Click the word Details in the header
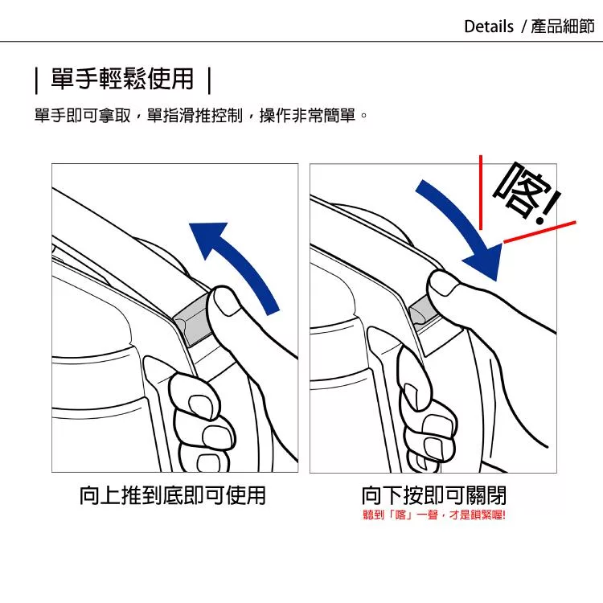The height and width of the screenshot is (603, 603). coord(489,27)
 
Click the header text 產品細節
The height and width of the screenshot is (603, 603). coord(563,27)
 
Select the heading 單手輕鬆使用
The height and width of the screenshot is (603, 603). coord(122,80)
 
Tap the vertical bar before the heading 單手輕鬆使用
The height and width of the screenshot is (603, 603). coord(36,80)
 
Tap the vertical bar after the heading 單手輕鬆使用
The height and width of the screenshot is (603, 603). coord(209,80)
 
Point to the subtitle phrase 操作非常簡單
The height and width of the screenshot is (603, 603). coord(307,115)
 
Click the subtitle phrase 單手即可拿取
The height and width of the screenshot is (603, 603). coord(83,115)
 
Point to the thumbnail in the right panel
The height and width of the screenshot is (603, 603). coord(443,284)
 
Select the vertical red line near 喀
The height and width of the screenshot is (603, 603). coord(481,192)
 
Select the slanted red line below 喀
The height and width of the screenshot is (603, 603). coord(539,232)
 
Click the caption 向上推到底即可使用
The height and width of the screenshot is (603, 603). coord(173,495)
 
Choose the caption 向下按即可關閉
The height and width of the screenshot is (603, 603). coord(434,495)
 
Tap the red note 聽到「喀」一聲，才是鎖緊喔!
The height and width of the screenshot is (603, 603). coord(434,515)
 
